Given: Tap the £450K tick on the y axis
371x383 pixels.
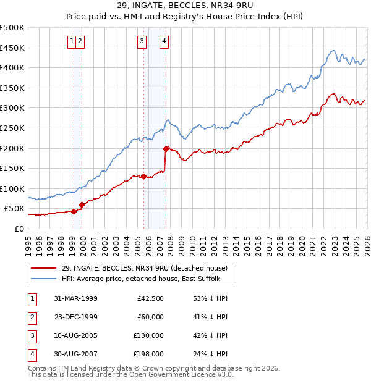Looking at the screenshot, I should pos(12,48).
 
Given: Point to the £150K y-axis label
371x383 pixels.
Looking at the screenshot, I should pos(12,168).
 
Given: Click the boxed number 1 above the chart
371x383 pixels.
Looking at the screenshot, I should pos(73,41).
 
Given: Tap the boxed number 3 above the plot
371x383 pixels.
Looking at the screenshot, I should pos(142,41).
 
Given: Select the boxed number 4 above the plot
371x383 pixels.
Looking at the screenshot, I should pos(164,41).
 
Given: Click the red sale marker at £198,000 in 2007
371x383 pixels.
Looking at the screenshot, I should pos(166,149).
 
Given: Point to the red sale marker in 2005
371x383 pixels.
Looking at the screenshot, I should pos(143,176).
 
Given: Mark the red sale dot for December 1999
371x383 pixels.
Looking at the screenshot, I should pos(82,204).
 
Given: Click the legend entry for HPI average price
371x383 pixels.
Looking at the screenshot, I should pos(147,279).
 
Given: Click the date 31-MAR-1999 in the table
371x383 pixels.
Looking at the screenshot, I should pos(75,298).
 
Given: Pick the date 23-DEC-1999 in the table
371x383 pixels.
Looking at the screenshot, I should pos(75,317).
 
